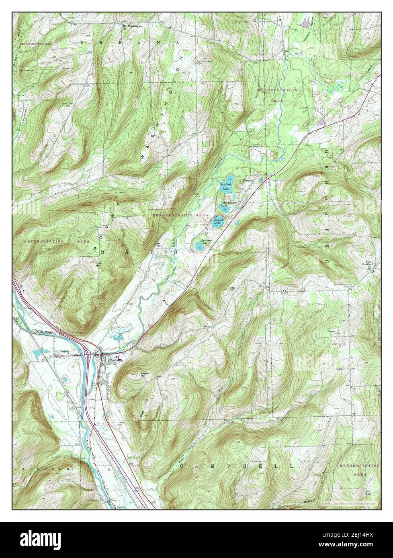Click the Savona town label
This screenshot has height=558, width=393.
pos(116,360)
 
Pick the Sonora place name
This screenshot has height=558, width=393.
pos(247,181)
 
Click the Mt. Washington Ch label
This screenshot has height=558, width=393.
pos(132,27)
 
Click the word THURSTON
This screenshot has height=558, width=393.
pos(41,468)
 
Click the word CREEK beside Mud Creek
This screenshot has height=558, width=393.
pos(218,163)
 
